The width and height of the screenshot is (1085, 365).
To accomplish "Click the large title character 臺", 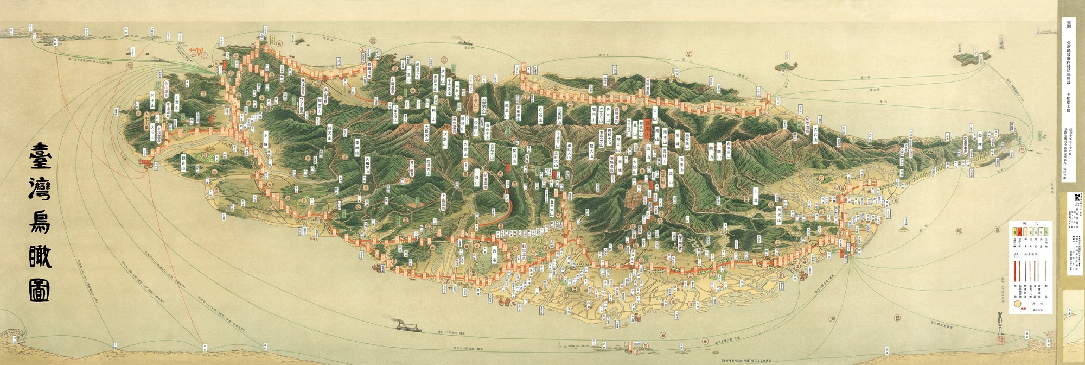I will tap(40, 158).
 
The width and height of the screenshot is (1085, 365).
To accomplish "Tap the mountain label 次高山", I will tap(445, 138).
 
